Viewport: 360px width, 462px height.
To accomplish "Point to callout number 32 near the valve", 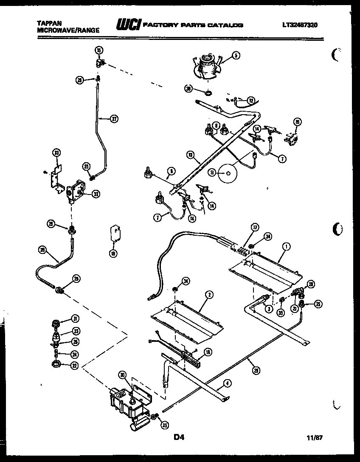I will pos(96,194).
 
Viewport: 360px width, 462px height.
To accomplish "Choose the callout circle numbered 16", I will pos(297,122).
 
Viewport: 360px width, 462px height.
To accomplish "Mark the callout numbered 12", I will pos(251,101).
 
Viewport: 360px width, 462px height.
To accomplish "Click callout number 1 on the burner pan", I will pos(287,246).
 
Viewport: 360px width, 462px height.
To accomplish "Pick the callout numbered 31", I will pos(75,319).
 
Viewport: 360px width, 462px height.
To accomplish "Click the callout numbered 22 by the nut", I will pos(75,365).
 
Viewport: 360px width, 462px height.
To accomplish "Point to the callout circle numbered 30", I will pos(122,375).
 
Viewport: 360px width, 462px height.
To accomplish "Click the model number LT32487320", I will pos(299,25).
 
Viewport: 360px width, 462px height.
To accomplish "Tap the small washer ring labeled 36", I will pos(208,93).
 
